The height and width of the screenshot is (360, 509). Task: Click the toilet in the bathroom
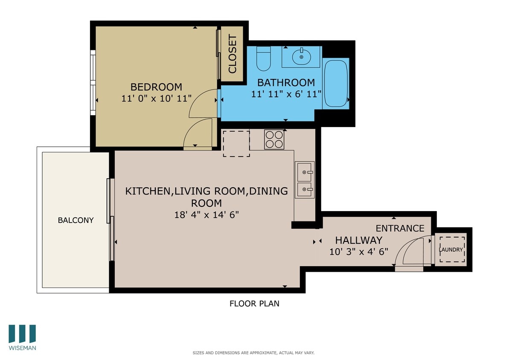pos(263,59)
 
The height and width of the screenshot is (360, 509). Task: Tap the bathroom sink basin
pos(301,56)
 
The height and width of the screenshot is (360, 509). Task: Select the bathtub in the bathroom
pos(336,84)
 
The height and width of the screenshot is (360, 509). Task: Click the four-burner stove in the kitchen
pos(274,139)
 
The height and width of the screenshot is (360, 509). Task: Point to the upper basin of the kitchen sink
pos(305,172)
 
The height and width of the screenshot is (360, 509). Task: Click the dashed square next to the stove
pos(236,144)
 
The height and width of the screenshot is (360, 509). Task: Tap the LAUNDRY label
pos(451,250)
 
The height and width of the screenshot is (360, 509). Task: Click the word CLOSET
pos(233,54)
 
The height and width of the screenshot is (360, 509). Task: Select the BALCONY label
pos(76,220)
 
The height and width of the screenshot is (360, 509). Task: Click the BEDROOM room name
pos(156,87)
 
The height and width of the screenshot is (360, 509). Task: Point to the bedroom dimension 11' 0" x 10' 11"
pos(156,99)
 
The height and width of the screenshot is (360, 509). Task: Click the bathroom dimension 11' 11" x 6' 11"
pos(286,94)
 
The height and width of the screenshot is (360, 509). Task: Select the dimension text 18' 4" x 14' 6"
pos(206,215)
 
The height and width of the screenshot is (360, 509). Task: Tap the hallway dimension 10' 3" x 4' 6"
pos(358,252)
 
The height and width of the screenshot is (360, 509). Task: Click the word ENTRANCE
pos(400,228)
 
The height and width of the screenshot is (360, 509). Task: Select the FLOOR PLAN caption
pos(254,304)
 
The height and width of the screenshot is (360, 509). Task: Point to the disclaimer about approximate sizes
pos(253,353)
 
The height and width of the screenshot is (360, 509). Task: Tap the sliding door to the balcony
pos(111,220)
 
